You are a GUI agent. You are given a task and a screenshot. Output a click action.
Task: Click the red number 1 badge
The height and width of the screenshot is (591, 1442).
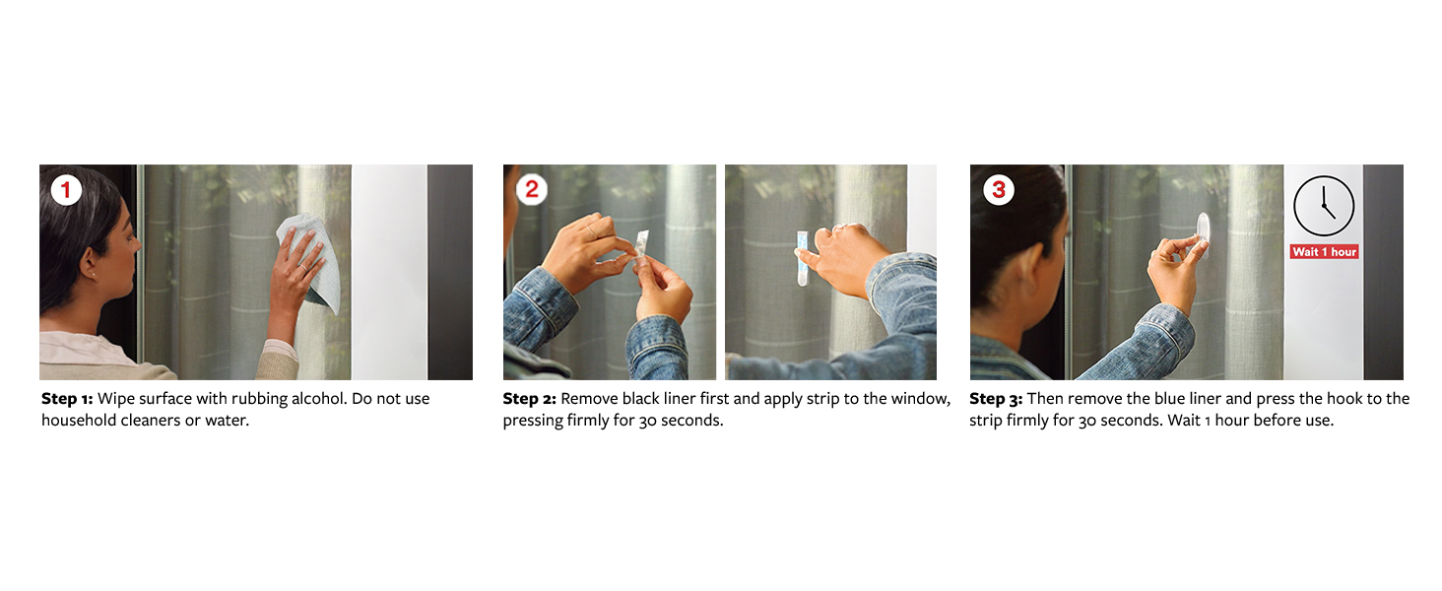[66, 189]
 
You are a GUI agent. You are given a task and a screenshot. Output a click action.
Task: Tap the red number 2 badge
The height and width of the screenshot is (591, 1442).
[532, 189]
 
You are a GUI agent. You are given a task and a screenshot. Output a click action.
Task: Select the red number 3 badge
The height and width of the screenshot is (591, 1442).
[999, 189]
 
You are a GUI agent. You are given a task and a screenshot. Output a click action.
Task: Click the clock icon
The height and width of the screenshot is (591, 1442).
[1324, 206]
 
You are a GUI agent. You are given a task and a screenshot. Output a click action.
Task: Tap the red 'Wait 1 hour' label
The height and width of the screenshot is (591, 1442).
[1324, 252]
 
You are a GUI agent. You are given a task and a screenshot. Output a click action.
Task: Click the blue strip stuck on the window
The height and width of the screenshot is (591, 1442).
[802, 258]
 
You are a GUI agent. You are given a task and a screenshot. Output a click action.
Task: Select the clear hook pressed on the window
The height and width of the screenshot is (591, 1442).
[1203, 234]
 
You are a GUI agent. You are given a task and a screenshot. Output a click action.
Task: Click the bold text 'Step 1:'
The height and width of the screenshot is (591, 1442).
[67, 399]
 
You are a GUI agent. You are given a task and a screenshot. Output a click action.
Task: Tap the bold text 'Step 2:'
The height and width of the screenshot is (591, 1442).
[529, 399]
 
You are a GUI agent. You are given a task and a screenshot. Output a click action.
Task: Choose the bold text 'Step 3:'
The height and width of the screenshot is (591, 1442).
[996, 399]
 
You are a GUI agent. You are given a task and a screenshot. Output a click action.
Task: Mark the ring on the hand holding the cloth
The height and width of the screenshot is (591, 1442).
[303, 267]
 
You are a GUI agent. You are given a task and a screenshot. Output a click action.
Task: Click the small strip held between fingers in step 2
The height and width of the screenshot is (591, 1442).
[642, 243]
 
